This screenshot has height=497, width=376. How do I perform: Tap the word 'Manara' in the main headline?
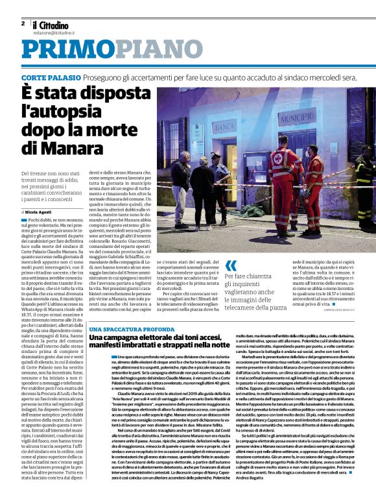tap(76, 149)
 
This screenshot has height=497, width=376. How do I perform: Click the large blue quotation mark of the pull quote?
tap(232, 265)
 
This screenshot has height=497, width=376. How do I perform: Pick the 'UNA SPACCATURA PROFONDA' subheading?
tap(124, 330)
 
